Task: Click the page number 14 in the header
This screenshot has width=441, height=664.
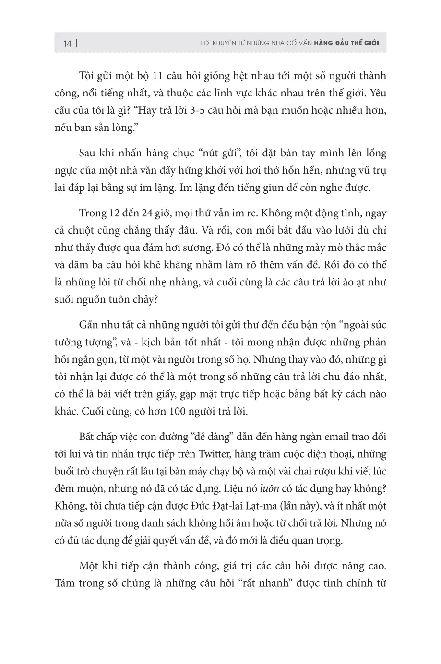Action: point(67,44)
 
